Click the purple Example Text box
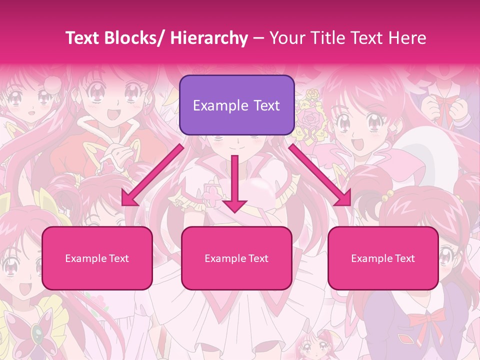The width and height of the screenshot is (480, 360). pos(236,105)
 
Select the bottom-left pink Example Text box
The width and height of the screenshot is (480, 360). pos(97,258)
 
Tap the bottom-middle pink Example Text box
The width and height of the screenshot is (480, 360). pos(236,258)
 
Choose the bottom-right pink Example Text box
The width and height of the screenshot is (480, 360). pos(383,258)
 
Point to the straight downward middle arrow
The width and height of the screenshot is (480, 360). pos(234,183)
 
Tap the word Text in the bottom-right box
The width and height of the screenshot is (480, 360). pos(404,258)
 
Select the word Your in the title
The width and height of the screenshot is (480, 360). pos(285,38)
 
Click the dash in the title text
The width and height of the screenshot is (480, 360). pos(258,38)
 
